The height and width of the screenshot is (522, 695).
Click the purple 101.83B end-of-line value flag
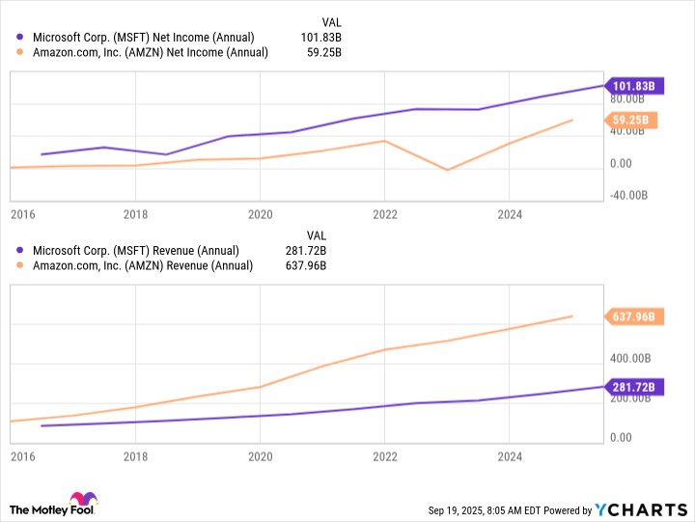point(633,85)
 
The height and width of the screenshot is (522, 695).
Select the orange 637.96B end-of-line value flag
point(633,316)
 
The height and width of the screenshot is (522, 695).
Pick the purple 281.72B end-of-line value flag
point(633,387)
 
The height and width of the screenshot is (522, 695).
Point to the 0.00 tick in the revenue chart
point(622,437)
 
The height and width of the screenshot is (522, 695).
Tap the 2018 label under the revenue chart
point(135,456)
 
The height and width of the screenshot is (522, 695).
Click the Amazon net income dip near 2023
point(447,170)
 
